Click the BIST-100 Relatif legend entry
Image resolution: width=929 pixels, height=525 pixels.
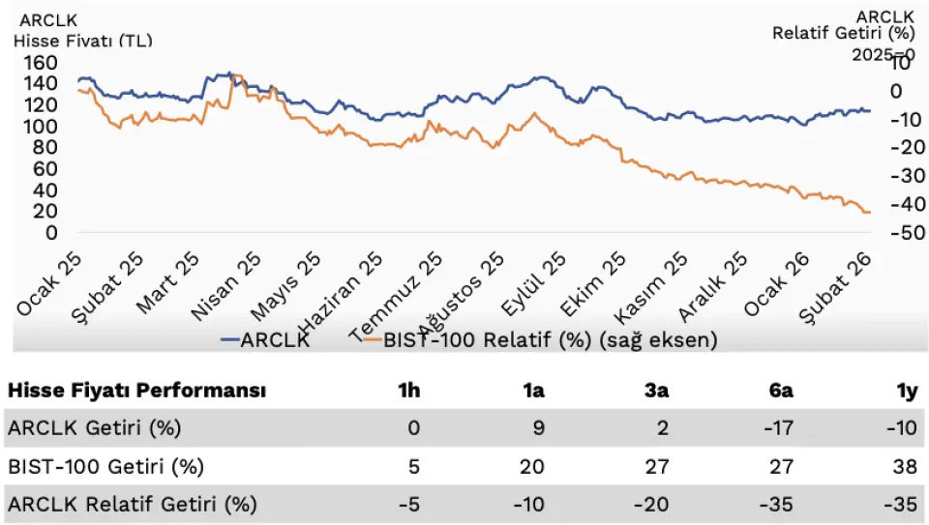pos(550,339)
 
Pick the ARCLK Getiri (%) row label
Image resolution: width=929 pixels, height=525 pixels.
pos(94,426)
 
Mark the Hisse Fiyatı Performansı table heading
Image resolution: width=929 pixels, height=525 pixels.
pos(136,391)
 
